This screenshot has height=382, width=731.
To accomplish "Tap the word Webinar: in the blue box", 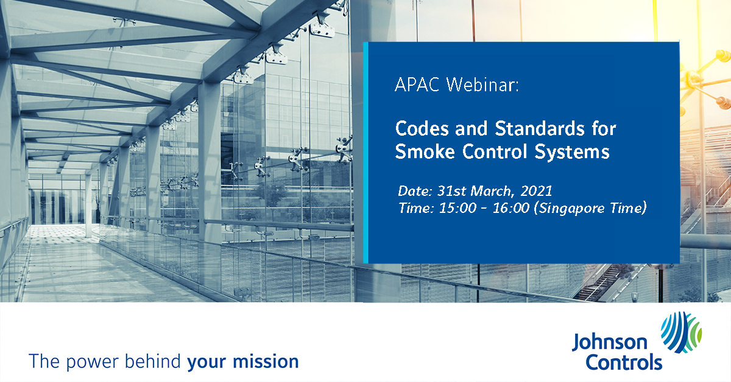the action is point(482,85).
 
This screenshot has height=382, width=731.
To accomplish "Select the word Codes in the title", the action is point(423,128).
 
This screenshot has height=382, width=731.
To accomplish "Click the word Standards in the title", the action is point(540,128).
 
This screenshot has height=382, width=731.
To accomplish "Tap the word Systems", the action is point(572,153).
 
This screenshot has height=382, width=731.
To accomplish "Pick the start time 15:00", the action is point(457,208).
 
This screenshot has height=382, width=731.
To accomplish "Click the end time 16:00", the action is point(510,208).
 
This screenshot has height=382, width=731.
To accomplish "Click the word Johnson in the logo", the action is point(609,342).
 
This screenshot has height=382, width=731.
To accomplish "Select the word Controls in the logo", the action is point(624,362).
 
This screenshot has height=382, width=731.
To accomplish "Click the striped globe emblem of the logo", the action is point(682,333).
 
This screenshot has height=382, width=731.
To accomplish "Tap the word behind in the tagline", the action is point(153,361).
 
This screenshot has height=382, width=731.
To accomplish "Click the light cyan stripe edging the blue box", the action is point(365,153).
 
